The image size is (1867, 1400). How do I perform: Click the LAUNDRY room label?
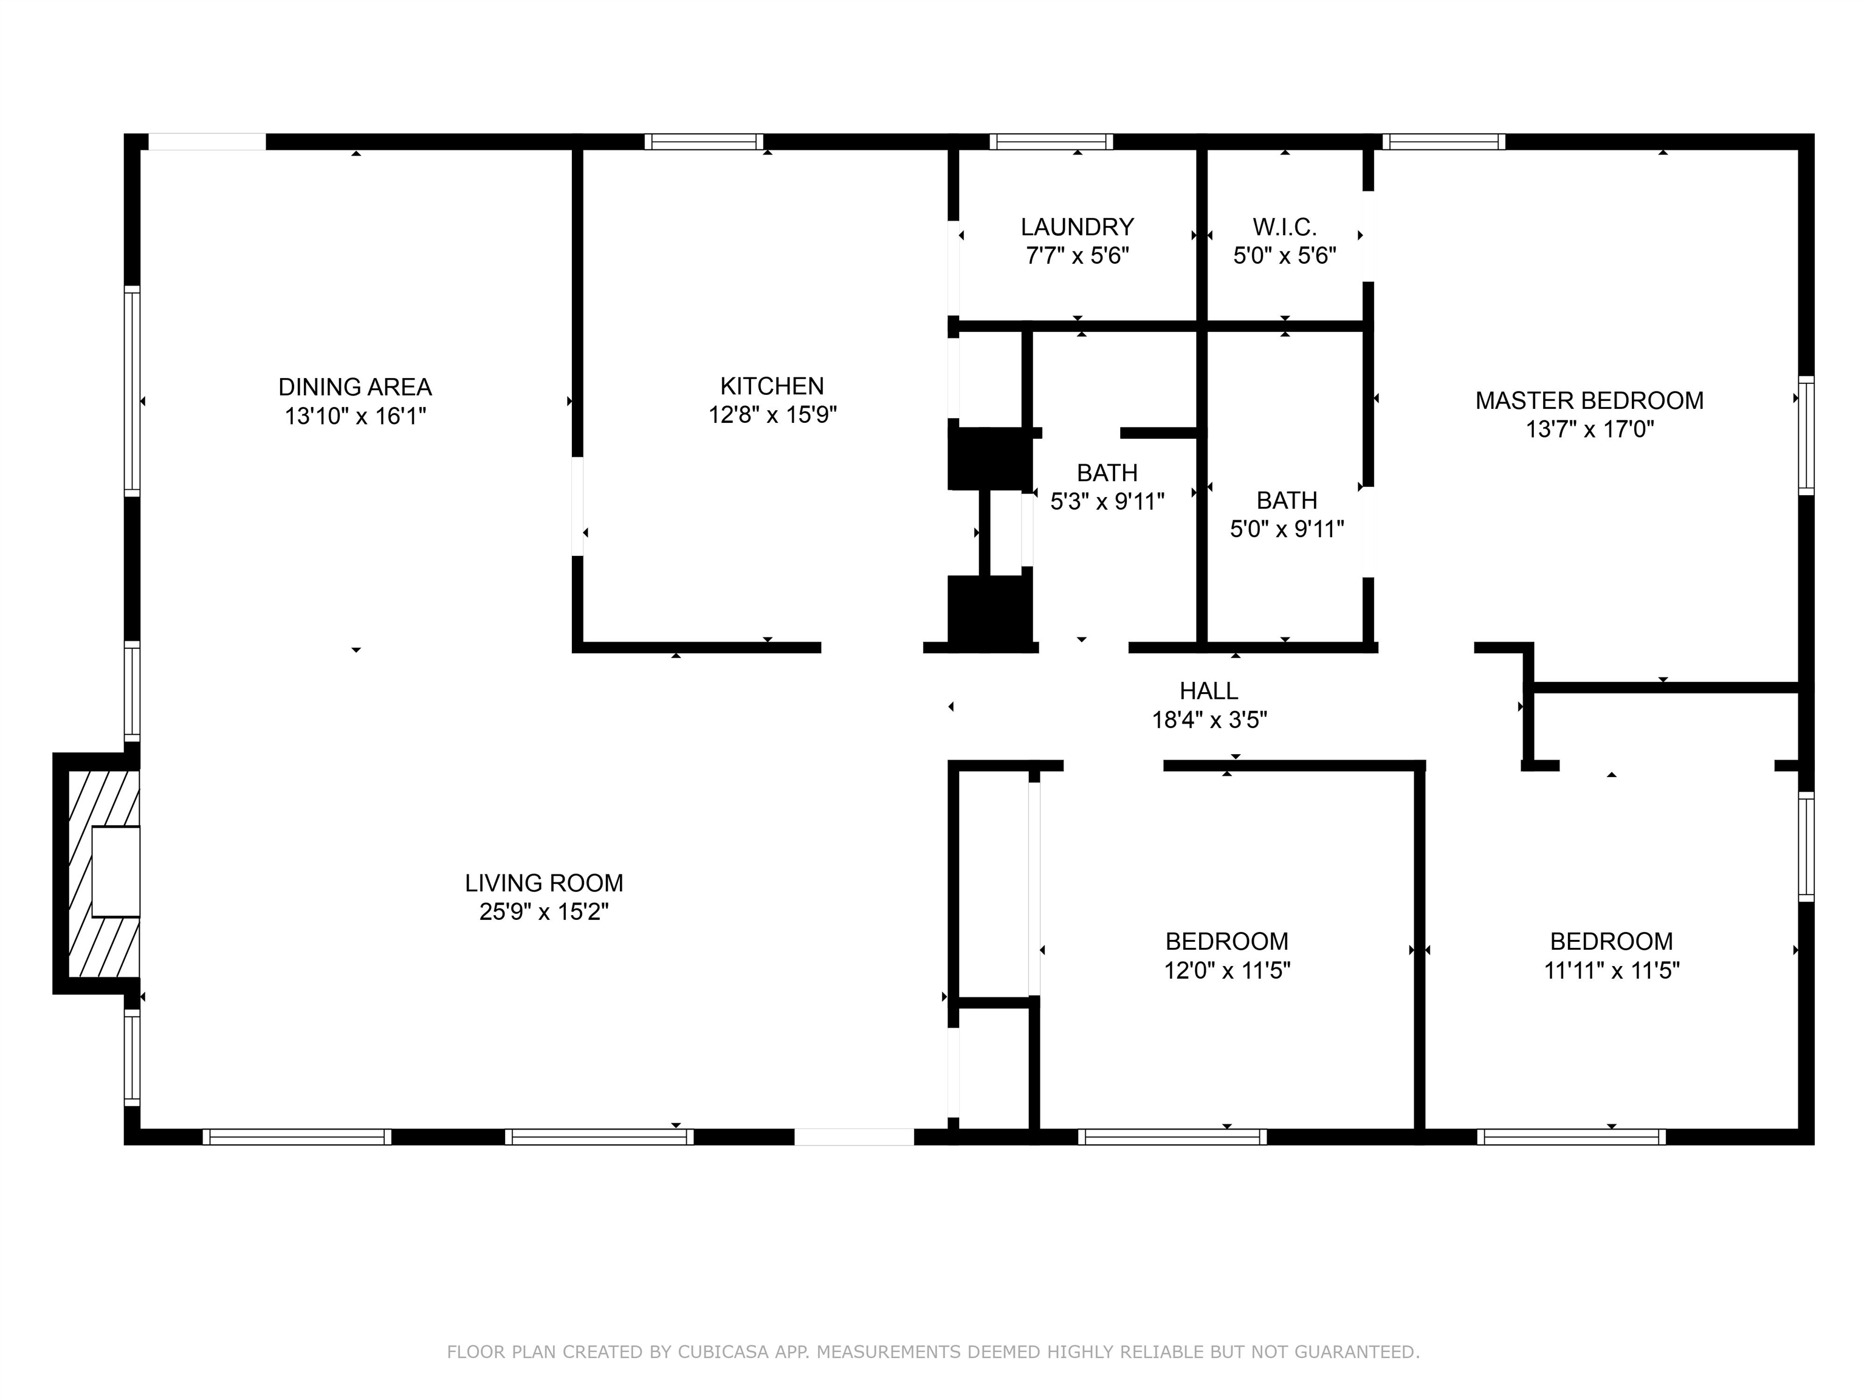[1076, 227]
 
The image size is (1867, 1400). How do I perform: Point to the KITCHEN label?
[771, 386]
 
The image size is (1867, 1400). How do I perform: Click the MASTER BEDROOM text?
[1589, 401]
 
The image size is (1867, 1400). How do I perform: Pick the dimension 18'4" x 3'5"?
[1209, 720]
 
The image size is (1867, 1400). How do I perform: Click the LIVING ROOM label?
[543, 883]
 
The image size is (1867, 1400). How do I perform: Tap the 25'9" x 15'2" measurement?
[543, 912]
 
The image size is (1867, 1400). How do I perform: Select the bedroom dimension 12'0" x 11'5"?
[1226, 970]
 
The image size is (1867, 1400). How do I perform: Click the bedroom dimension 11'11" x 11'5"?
[1611, 970]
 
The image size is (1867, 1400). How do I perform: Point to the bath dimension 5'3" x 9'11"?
[1107, 502]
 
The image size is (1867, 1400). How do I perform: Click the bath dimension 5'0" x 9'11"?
[1287, 529]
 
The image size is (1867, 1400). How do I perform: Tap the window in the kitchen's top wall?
[704, 142]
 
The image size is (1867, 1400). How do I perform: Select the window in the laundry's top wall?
[1051, 142]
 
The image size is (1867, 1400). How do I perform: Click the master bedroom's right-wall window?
[1806, 436]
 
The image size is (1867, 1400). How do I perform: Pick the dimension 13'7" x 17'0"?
[1589, 430]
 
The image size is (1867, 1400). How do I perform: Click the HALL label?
[1209, 691]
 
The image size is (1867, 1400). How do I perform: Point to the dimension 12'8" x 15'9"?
[771, 415]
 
